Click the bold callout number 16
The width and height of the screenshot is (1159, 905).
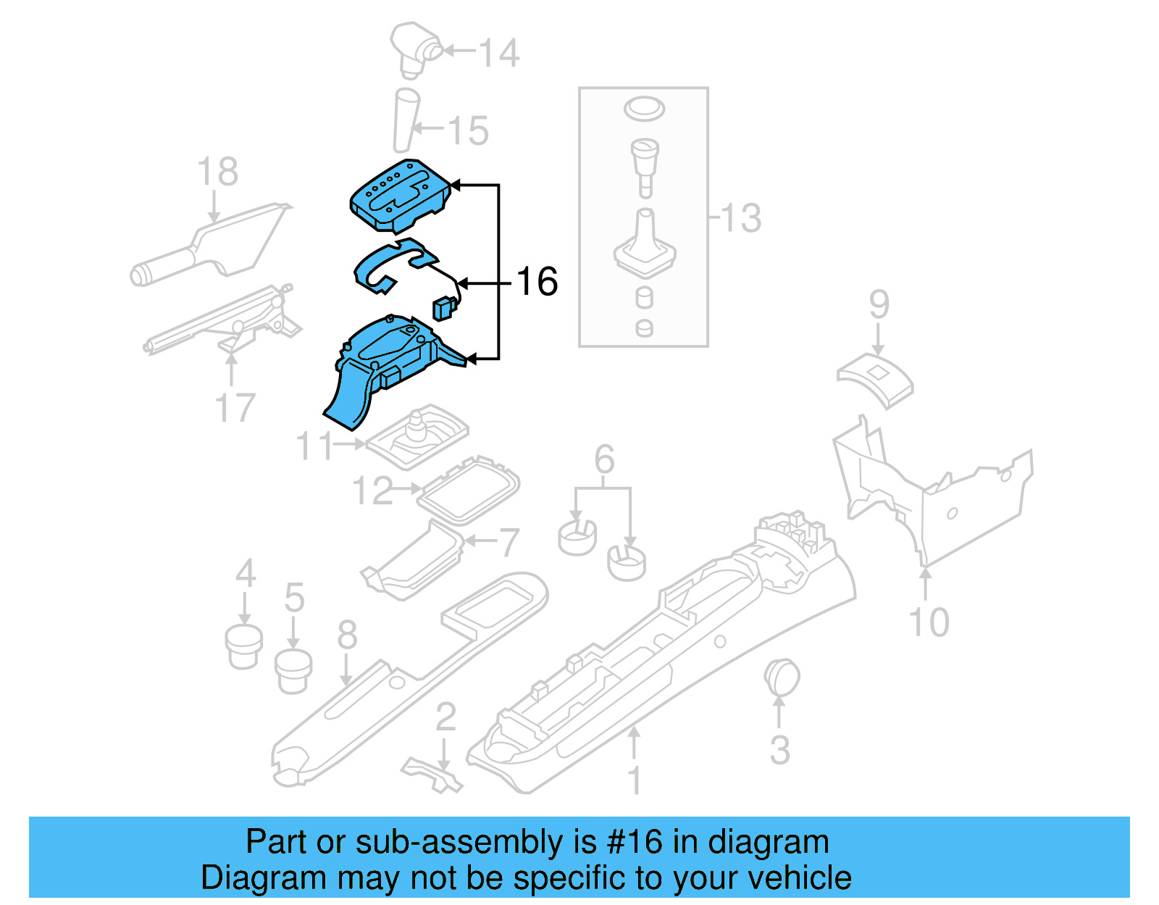pyautogui.click(x=537, y=282)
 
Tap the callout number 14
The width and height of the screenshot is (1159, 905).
pyautogui.click(x=499, y=54)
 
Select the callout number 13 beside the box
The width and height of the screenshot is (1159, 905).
pyautogui.click(x=741, y=218)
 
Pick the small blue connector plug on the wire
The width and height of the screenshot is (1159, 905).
pyautogui.click(x=443, y=309)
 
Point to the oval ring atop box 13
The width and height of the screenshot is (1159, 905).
pyautogui.click(x=643, y=109)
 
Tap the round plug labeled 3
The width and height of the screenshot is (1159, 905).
pyautogui.click(x=781, y=678)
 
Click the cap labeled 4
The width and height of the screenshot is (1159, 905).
pyautogui.click(x=244, y=646)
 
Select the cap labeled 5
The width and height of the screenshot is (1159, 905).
pyautogui.click(x=293, y=671)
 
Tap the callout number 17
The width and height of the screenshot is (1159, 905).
pyautogui.click(x=235, y=408)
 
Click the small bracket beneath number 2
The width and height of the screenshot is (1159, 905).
pyautogui.click(x=432, y=774)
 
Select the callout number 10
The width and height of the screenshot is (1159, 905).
pyautogui.click(x=929, y=622)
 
